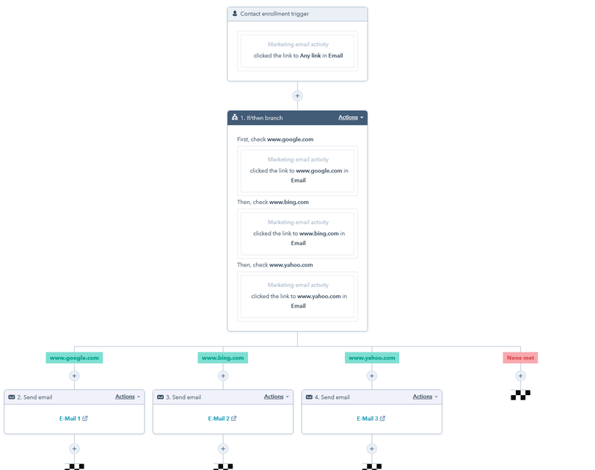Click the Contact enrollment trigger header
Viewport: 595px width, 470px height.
point(297,14)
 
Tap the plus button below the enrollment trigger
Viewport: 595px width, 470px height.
point(298,95)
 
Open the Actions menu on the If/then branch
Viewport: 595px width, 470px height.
point(351,117)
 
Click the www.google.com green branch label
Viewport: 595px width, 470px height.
point(74,358)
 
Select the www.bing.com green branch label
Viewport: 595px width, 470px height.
point(223,358)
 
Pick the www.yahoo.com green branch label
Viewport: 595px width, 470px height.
point(372,358)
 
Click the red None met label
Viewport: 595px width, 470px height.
point(520,358)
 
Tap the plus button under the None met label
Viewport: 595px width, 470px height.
point(521,376)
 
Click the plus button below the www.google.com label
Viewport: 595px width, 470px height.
point(74,376)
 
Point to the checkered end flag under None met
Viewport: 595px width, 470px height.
point(521,395)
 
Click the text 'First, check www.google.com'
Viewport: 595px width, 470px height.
point(275,140)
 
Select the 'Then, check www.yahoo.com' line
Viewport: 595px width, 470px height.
point(274,265)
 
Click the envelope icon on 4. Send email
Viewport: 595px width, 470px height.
point(310,397)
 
